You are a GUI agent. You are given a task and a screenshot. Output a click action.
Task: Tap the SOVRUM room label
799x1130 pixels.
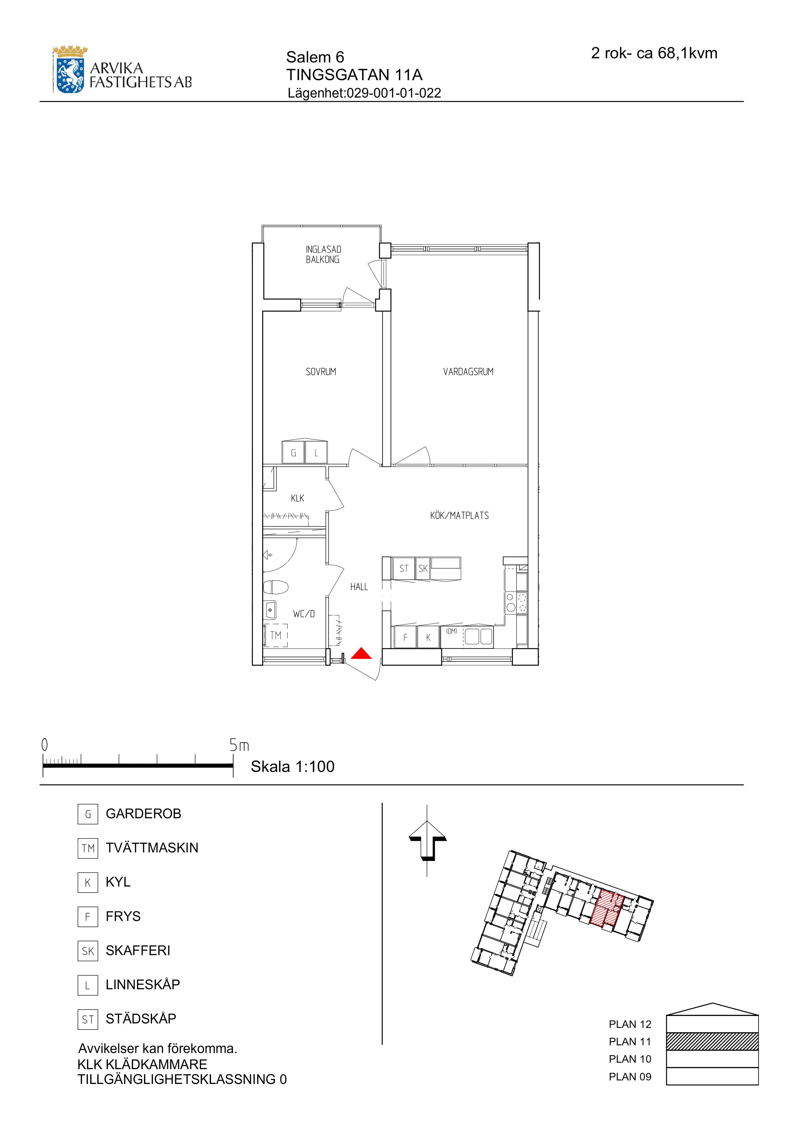[x=321, y=372]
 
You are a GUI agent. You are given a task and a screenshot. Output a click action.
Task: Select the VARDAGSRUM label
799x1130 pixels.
[x=468, y=372]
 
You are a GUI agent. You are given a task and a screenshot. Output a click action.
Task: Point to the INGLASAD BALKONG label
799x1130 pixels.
[x=323, y=254]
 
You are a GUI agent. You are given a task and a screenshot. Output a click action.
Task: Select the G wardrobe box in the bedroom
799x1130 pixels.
[x=294, y=452]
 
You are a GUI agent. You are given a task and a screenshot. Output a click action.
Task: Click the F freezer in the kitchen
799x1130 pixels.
[x=405, y=637]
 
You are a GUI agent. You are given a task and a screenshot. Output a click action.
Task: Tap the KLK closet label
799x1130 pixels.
[x=297, y=498]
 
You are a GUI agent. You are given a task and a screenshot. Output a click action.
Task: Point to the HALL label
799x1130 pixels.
[x=359, y=587]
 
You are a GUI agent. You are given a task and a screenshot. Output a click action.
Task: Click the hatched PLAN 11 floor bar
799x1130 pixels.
[x=712, y=1041]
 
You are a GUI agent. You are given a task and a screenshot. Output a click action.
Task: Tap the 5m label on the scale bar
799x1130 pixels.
[x=239, y=745]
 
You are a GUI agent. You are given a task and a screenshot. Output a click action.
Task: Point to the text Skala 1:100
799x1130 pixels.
[x=293, y=766]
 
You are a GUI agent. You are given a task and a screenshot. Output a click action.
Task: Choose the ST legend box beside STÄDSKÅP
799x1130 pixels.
[x=88, y=1018]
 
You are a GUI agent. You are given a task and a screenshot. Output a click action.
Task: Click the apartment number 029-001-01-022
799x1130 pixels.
[x=394, y=93]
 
